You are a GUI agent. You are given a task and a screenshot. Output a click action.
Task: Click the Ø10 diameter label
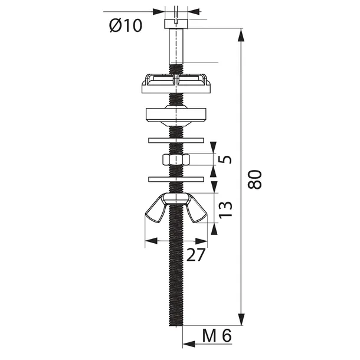(x=126, y=25)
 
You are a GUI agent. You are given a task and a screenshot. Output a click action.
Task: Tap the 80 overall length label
(x=255, y=179)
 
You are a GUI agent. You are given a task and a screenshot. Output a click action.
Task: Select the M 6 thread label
(x=217, y=336)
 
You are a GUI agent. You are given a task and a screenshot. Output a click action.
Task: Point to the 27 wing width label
(x=195, y=255)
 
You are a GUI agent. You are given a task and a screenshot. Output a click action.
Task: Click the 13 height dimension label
(x=225, y=210)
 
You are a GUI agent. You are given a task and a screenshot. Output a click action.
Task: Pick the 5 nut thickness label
(x=225, y=159)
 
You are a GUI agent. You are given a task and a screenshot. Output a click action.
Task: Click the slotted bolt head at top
(x=176, y=24)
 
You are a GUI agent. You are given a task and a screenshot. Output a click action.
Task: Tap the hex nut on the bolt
(x=176, y=159)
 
